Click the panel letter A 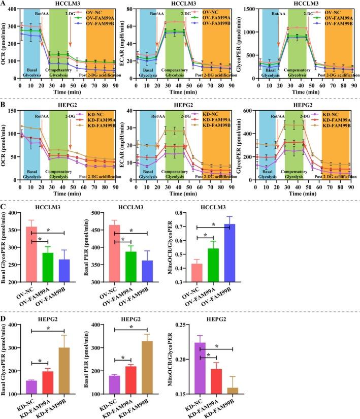coord(4,4)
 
